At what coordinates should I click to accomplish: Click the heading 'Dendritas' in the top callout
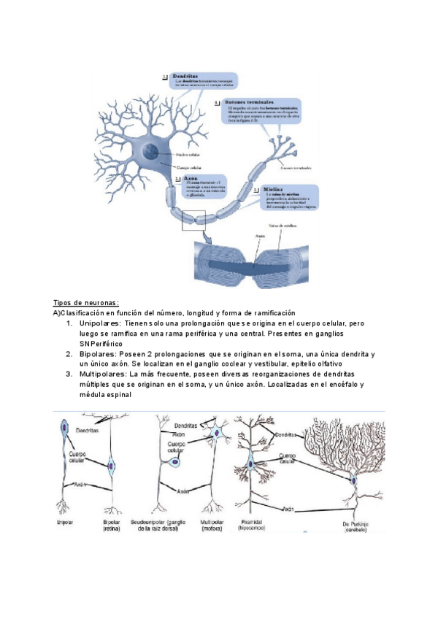pyautogui.click(x=186, y=74)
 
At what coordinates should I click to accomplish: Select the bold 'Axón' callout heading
pyautogui.click(x=191, y=177)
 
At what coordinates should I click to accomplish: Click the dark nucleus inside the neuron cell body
pyautogui.click(x=150, y=151)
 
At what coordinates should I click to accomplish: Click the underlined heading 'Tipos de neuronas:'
pyautogui.click(x=86, y=303)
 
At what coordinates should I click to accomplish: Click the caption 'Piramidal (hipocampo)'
pyautogui.click(x=253, y=525)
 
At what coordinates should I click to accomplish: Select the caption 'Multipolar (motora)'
pyautogui.click(x=212, y=525)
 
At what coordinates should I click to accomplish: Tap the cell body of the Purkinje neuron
pyautogui.click(x=353, y=480)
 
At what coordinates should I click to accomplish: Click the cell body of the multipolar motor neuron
pyautogui.click(x=218, y=434)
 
